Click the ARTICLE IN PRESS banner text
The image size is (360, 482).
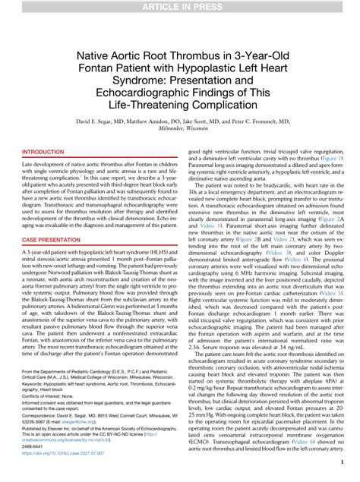click(x=180, y=7)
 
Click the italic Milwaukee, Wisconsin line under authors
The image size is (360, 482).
click(x=180, y=128)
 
